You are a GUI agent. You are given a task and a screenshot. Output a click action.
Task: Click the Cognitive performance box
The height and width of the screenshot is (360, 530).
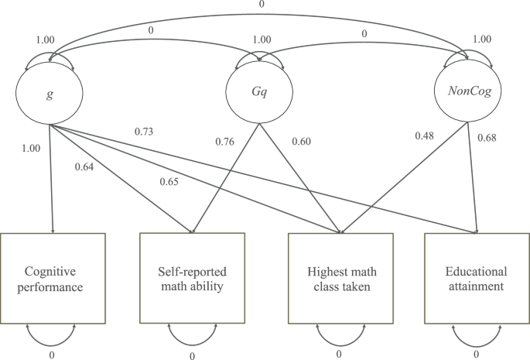(x=53, y=278)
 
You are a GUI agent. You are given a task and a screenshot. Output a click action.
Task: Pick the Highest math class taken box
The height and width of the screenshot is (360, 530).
(x=338, y=278)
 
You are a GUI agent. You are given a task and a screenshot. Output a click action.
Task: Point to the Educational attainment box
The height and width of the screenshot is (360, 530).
(x=476, y=278)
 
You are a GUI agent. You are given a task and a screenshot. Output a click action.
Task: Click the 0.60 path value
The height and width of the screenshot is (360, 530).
(x=302, y=141)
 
